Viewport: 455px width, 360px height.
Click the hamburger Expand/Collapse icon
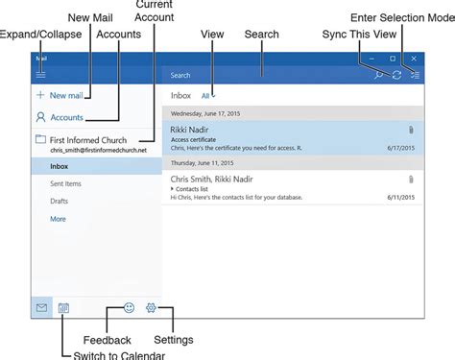click(40, 74)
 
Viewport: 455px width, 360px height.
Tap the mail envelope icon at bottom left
click(41, 309)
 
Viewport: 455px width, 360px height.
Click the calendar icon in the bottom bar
click(64, 309)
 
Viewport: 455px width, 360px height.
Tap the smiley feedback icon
click(130, 309)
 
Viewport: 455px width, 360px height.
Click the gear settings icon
click(151, 309)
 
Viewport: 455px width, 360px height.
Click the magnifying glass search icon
click(378, 74)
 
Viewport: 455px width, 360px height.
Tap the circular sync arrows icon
click(396, 74)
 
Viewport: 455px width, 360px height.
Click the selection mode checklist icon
click(415, 74)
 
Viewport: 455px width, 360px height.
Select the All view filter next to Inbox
click(205, 96)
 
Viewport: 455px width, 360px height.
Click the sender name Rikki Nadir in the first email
click(190, 128)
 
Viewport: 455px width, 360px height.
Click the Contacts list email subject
click(197, 187)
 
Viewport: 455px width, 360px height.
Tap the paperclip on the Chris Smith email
click(410, 179)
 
